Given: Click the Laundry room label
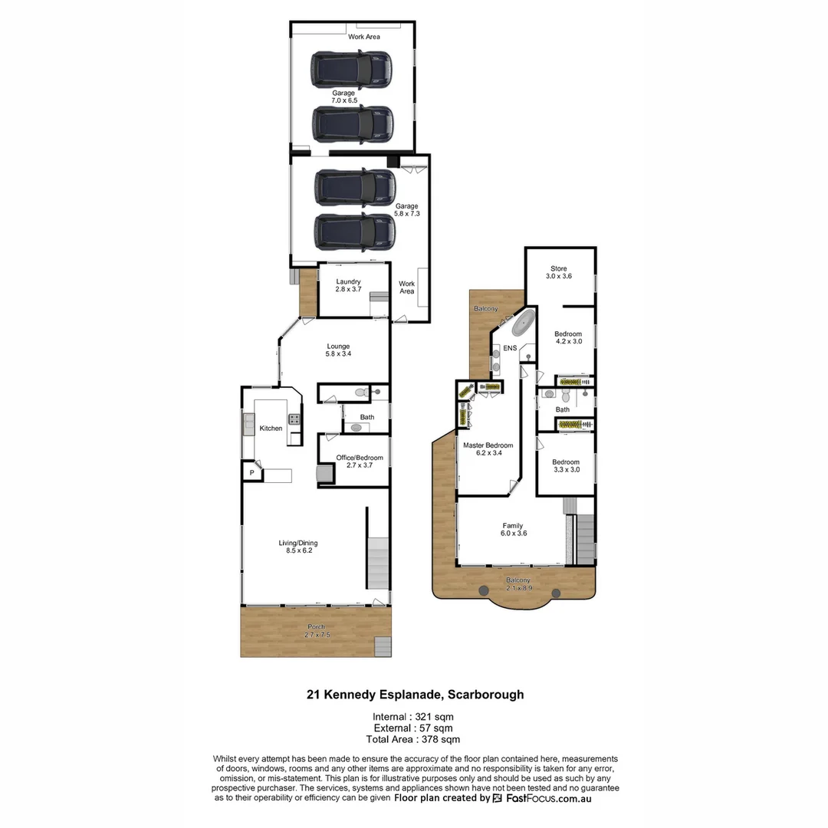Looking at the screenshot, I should click(347, 285).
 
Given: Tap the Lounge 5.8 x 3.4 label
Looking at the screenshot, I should click(337, 350).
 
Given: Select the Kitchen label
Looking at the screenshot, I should click(271, 428).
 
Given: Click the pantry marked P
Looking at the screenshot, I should click(251, 473).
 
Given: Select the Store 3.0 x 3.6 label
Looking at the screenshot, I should click(558, 272).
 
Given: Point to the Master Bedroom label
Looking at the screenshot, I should click(488, 449).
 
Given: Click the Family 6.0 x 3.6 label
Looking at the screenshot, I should click(513, 529).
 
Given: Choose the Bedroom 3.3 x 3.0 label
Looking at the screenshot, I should click(566, 465).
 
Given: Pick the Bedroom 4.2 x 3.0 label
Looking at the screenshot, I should click(568, 337).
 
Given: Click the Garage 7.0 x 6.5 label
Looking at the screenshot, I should click(343, 97).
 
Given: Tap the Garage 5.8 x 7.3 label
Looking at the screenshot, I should click(406, 210).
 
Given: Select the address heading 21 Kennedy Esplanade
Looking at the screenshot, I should click(415, 695).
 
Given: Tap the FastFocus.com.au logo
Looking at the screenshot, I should click(541, 798).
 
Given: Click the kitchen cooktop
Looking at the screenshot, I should click(294, 419).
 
